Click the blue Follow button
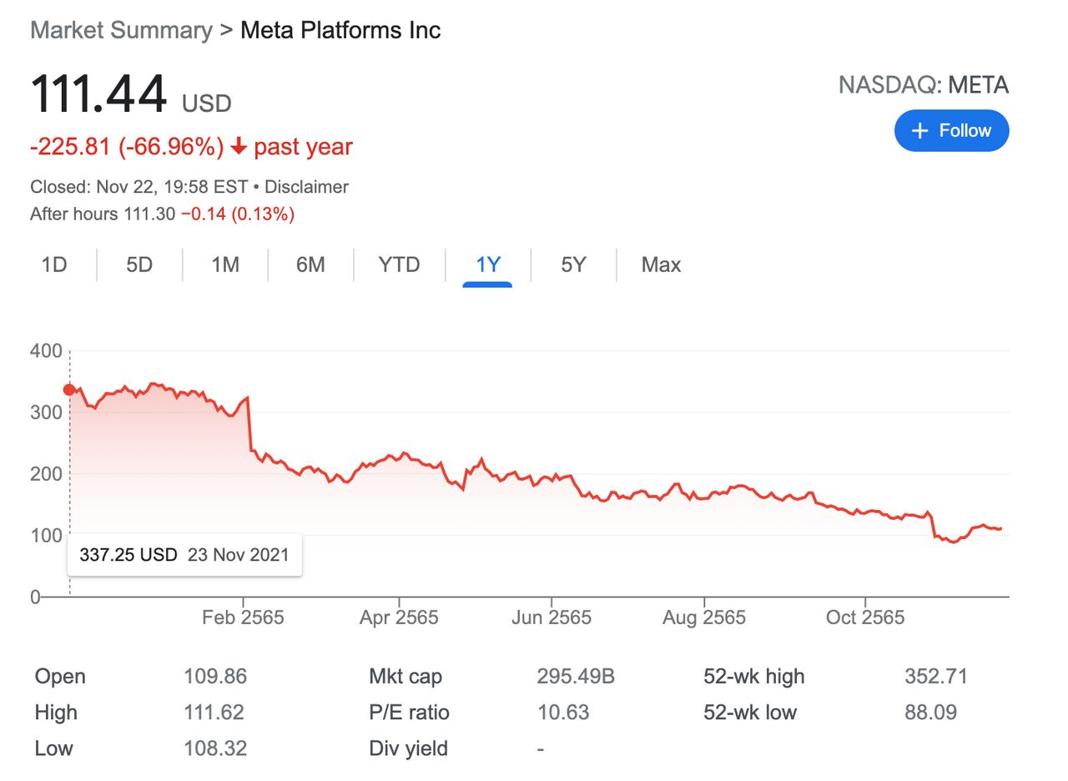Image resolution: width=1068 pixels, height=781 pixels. [x=951, y=131]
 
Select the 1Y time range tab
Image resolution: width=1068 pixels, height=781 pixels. [x=487, y=265]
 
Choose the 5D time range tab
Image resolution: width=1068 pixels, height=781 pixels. [x=139, y=265]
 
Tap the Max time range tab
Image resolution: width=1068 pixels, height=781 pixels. [x=661, y=265]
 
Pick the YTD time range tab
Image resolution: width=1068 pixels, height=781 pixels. [x=399, y=265]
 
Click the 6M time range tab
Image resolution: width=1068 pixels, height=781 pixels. [x=310, y=265]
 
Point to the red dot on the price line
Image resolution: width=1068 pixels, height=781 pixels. [x=69, y=390]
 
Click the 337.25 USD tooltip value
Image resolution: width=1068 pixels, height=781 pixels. [x=128, y=555]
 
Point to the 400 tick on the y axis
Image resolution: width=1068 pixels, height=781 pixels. [x=46, y=350]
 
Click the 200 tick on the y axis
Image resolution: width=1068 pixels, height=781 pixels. [x=46, y=474]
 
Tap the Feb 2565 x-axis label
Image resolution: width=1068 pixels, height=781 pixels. [x=243, y=618]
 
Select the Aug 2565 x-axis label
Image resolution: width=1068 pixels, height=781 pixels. [x=704, y=618]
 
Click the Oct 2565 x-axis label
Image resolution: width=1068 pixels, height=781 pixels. [x=865, y=618]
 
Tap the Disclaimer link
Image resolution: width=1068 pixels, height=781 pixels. [x=306, y=187]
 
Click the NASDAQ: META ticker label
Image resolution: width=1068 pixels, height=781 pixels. [x=923, y=85]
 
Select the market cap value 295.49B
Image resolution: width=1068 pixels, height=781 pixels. [x=576, y=677]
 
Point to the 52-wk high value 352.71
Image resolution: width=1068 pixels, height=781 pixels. [x=936, y=677]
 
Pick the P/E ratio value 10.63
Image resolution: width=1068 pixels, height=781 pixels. [x=563, y=713]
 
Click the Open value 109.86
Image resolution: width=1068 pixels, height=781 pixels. [x=215, y=677]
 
